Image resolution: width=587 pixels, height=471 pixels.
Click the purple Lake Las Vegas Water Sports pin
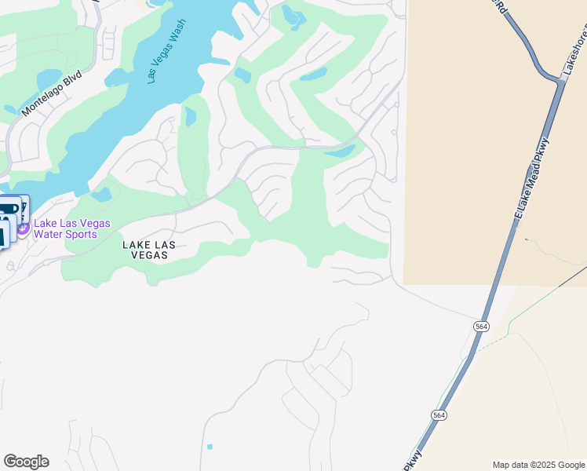coord(23,228)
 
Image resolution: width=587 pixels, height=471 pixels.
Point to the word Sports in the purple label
coord(82,234)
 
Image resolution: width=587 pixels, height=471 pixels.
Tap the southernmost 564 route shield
coord(439,414)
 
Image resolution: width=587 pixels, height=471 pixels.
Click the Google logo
coord(26,462)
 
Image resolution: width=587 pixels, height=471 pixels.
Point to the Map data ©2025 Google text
coord(538,465)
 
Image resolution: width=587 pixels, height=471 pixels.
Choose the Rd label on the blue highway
coord(498,5)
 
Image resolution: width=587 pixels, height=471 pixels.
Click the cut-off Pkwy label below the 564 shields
coord(414,460)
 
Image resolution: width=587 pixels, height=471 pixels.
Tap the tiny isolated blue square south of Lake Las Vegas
coord(210,447)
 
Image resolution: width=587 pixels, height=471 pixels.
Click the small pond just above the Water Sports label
coord(101,193)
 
